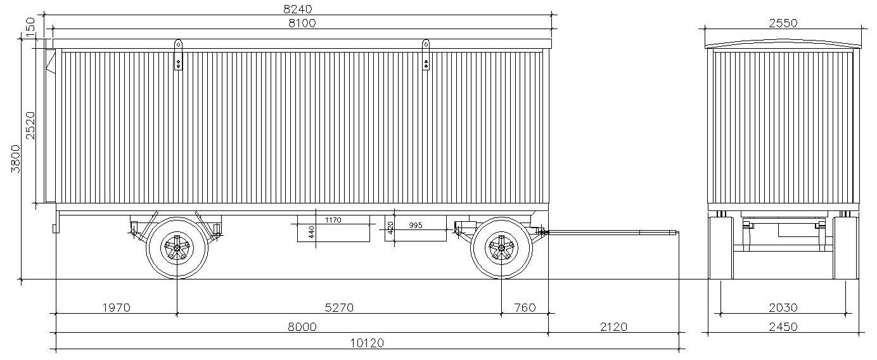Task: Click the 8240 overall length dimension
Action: point(300,8)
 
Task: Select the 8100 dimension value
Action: point(302,23)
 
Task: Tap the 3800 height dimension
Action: point(16,158)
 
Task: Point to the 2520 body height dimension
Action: point(30,125)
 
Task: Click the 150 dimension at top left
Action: point(30,27)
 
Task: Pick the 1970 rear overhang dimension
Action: point(117,307)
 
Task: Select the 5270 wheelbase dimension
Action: point(339,307)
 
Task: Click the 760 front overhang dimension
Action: point(525,307)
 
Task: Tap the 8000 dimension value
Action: point(302,326)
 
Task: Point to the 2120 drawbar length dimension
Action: point(613,326)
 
